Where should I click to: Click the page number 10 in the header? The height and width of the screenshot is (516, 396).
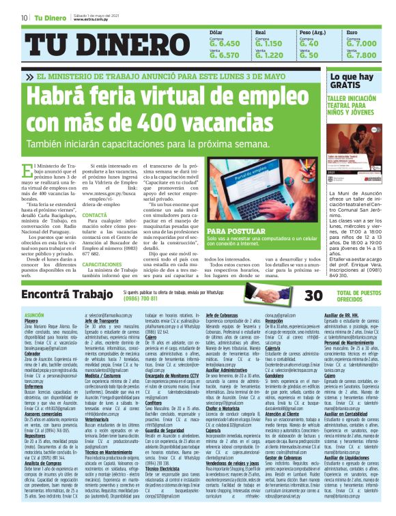(24, 17)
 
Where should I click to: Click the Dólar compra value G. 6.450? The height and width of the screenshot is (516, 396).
(224, 44)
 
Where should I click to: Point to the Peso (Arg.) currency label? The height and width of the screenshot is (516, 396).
(312, 33)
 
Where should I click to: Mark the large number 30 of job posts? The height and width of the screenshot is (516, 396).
(313, 295)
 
